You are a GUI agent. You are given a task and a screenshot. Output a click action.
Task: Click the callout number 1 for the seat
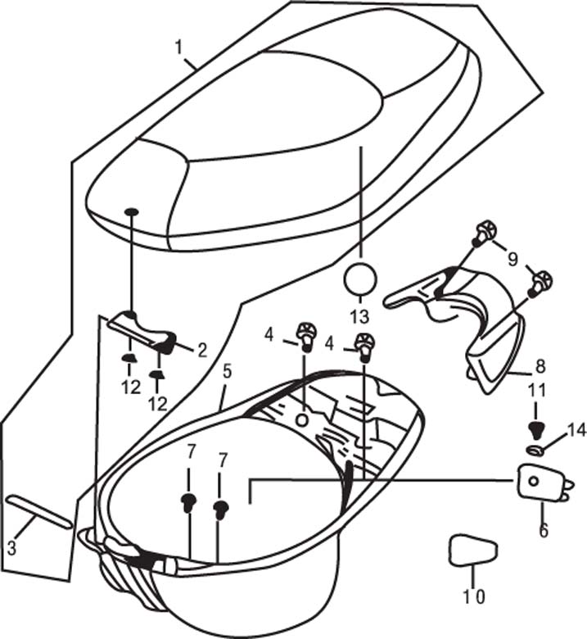pyautogui.click(x=178, y=48)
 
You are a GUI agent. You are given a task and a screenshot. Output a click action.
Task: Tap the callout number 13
pyautogui.click(x=359, y=317)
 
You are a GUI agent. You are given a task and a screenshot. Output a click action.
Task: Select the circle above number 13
pyautogui.click(x=360, y=279)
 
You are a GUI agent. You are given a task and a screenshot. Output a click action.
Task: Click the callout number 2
pyautogui.click(x=202, y=351)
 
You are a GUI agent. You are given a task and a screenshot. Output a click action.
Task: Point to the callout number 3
pyautogui.click(x=11, y=548)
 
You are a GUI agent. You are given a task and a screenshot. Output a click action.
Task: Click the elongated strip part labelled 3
pyautogui.click(x=39, y=511)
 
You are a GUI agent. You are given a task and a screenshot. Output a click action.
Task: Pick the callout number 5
pyautogui.click(x=227, y=371)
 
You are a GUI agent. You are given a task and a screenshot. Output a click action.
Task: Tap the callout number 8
pyautogui.click(x=540, y=366)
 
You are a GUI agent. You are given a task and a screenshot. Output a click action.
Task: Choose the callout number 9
pyautogui.click(x=512, y=259)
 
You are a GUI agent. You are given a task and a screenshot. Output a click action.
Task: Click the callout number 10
pyautogui.click(x=474, y=597)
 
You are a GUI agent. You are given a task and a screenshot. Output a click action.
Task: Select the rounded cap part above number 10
pyautogui.click(x=472, y=551)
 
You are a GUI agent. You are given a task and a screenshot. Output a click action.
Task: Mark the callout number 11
pyautogui.click(x=537, y=391)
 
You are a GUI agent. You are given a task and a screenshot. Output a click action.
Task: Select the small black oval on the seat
pyautogui.click(x=132, y=211)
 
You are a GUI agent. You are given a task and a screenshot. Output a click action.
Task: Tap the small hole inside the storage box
pyautogui.click(x=302, y=420)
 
